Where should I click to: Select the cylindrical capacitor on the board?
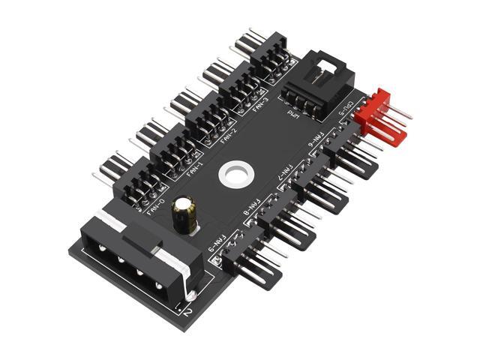click(x=183, y=214)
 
